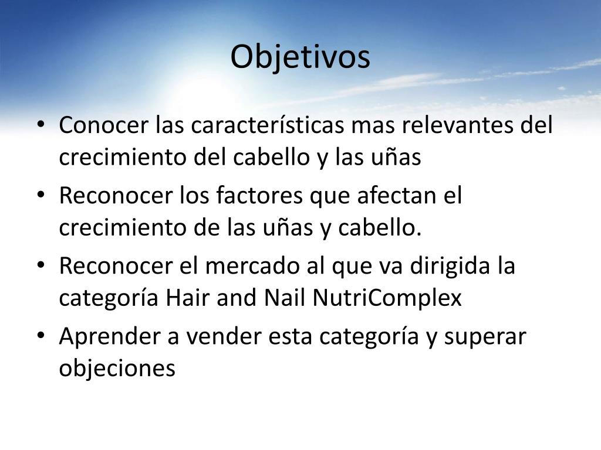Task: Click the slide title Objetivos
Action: pyautogui.click(x=300, y=57)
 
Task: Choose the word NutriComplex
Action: pyautogui.click(x=387, y=298)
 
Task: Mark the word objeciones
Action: pyautogui.click(x=117, y=369)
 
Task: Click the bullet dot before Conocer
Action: pyautogui.click(x=40, y=126)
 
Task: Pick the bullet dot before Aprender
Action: pyautogui.click(x=40, y=337)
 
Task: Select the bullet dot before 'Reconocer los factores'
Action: pyautogui.click(x=40, y=196)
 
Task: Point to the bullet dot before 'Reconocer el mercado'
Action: pyautogui.click(x=40, y=267)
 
